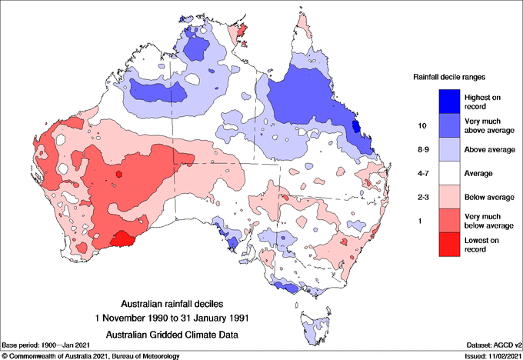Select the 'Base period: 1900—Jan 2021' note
[48, 345]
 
